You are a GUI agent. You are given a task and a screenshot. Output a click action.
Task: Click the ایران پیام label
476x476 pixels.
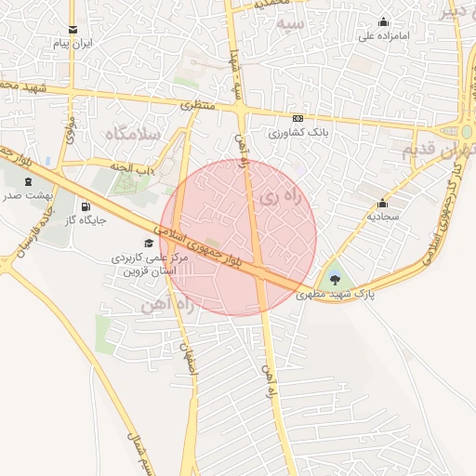[73, 45]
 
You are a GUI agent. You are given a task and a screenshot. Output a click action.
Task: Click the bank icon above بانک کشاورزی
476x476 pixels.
[297, 119]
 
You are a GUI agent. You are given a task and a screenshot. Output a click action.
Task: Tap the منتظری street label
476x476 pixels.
[196, 105]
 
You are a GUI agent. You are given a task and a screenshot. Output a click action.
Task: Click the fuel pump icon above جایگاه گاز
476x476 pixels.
[86, 206]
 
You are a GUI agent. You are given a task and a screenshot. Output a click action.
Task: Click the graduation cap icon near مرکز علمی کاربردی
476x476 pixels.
[150, 243]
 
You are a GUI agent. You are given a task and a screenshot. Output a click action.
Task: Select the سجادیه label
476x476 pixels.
[382, 216]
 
